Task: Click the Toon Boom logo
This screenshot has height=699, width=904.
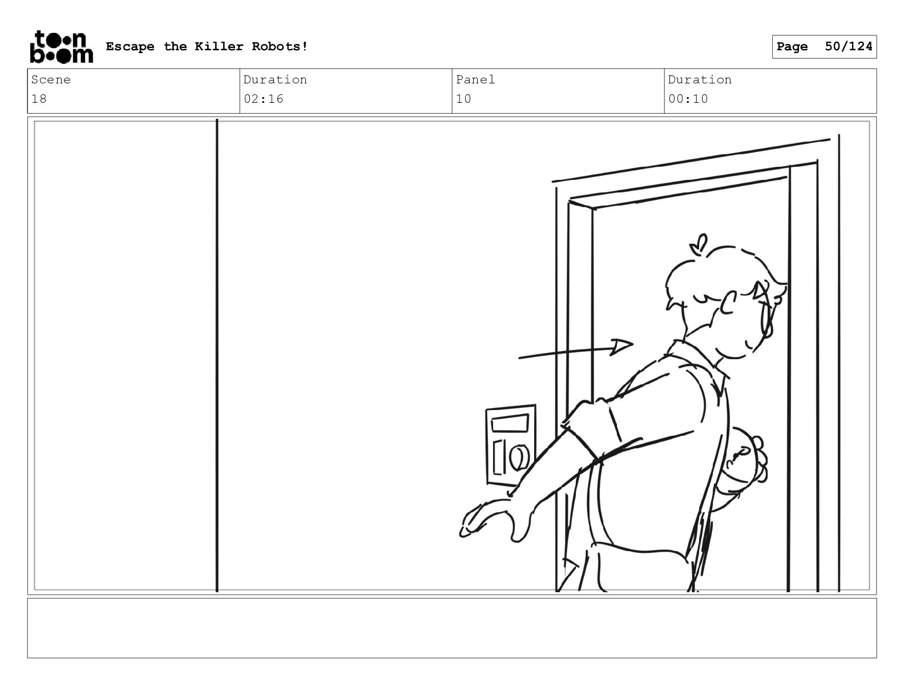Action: click(x=62, y=47)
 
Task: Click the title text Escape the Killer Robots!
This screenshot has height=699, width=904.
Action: click(x=207, y=46)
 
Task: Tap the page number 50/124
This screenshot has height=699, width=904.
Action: click(x=848, y=46)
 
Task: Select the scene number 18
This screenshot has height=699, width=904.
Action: click(x=39, y=99)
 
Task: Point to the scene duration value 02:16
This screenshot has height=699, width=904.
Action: click(x=263, y=99)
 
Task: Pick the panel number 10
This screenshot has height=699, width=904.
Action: click(x=463, y=99)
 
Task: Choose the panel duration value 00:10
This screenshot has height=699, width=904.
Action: click(x=688, y=99)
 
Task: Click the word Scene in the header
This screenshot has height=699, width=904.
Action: click(x=51, y=79)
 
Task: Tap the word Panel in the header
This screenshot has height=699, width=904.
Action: click(x=475, y=79)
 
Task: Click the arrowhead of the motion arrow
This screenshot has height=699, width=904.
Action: click(x=621, y=347)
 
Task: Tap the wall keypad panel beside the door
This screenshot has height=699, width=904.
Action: click(x=511, y=445)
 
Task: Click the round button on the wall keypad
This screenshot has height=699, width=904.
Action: click(x=519, y=457)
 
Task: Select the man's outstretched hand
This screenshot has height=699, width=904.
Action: click(x=491, y=520)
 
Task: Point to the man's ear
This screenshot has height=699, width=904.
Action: click(x=728, y=303)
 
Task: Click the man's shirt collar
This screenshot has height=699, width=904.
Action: click(x=699, y=364)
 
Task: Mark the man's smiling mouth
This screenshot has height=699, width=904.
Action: click(x=749, y=345)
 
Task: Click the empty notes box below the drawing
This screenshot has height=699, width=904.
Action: click(x=452, y=628)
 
